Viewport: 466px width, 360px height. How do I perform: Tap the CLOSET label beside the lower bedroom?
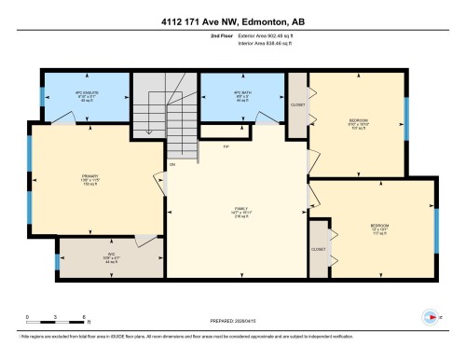[x=318, y=250]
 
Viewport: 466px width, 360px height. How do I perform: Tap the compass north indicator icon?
[x=430, y=317]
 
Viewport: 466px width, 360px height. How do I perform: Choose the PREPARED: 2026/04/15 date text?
[x=232, y=324]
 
